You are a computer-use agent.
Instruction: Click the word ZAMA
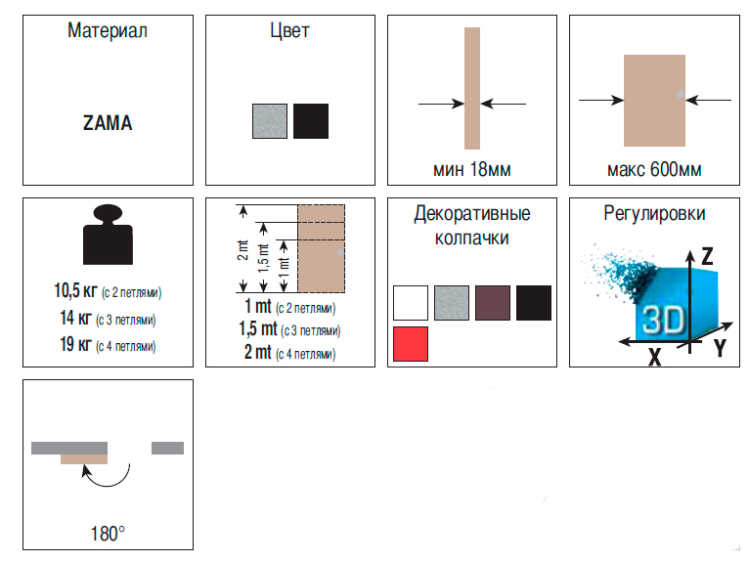coord(108,123)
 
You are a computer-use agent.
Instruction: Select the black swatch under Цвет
coord(311,121)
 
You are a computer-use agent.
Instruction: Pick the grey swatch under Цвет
coord(270,121)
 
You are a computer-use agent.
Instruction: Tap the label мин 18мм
coord(472,169)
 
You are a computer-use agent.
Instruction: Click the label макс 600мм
coord(654,169)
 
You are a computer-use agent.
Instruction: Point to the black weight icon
coord(108,235)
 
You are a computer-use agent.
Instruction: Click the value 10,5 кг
coord(75,290)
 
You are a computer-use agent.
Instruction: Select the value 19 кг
coord(75,344)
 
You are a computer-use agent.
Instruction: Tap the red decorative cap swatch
coord(411,344)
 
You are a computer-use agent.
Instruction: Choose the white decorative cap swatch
coord(411,303)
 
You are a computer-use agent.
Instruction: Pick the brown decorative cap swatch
coord(493,303)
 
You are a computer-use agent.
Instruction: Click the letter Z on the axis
coord(707,256)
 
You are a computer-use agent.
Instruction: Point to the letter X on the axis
coord(654,357)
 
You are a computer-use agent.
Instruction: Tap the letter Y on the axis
coord(720,348)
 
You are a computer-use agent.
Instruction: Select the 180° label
coord(108,534)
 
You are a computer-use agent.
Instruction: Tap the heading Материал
coord(108,30)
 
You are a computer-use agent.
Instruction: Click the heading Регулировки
coord(654,213)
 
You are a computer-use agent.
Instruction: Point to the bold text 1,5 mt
coord(258,329)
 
